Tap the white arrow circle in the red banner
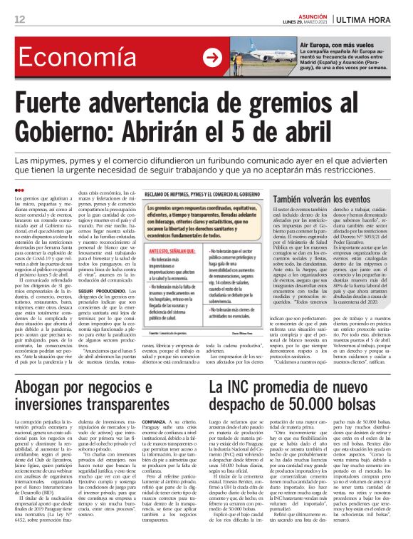211,58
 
